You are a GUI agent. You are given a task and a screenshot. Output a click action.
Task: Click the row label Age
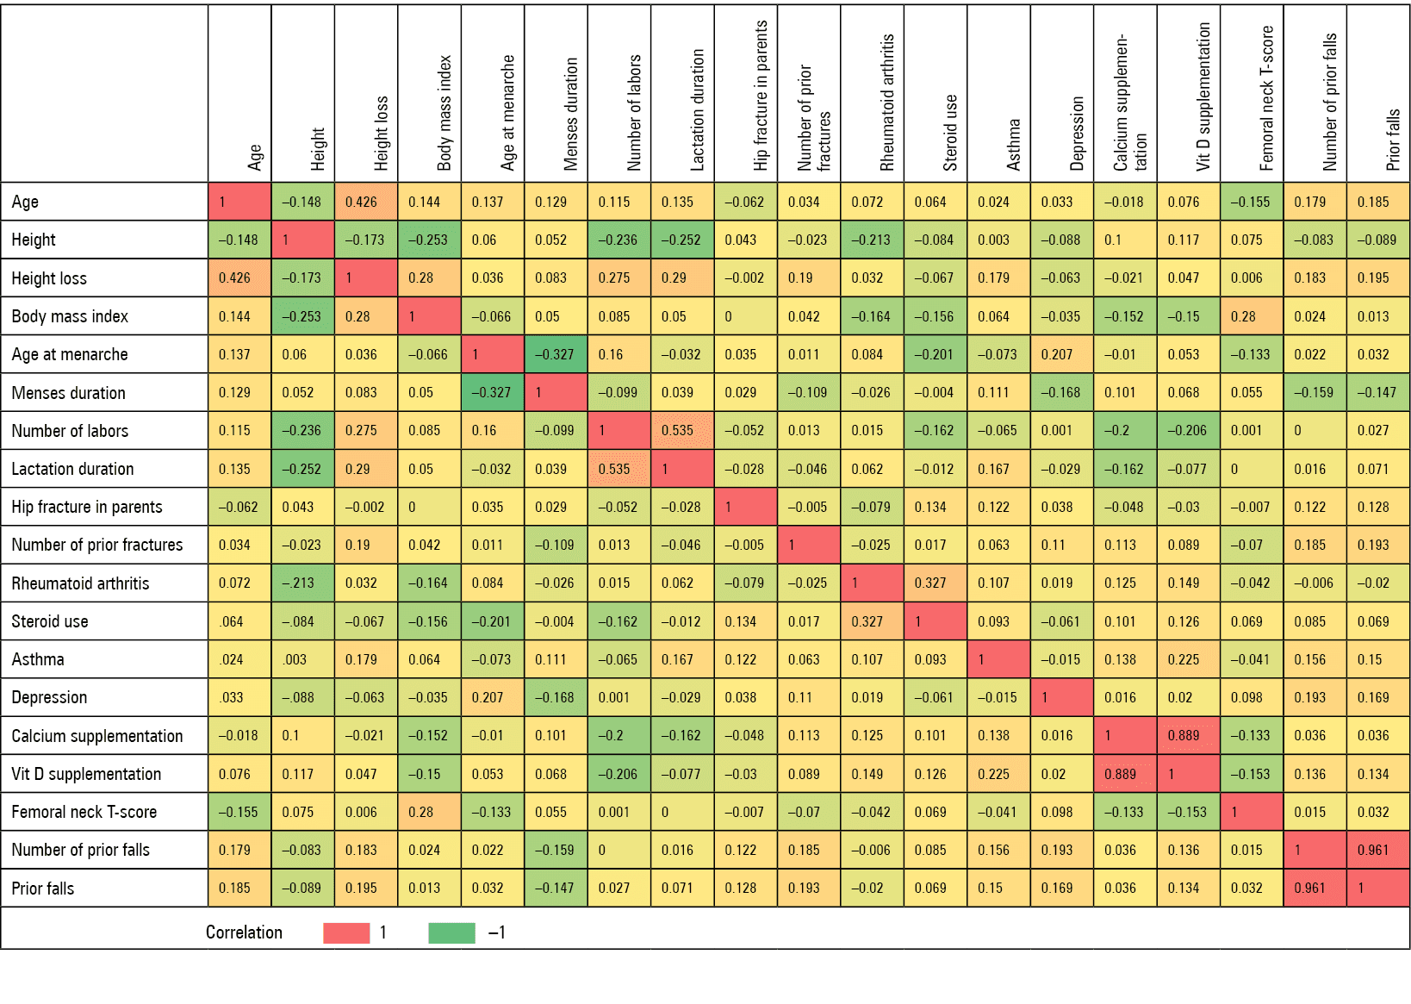point(25,202)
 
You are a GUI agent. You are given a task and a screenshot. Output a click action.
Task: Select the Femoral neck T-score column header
point(1266,98)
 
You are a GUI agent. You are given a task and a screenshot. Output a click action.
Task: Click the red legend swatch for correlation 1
point(346,932)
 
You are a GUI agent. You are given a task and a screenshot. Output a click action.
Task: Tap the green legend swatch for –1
point(451,932)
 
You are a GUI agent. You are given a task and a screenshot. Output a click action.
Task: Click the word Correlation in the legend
point(244,932)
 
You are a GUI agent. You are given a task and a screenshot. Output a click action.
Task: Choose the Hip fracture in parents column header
point(761,95)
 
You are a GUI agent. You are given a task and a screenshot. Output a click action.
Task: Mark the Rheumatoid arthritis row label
point(81,583)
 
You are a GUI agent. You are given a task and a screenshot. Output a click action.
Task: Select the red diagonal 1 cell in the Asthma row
point(999,659)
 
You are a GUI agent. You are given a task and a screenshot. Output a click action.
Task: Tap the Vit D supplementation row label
point(86,774)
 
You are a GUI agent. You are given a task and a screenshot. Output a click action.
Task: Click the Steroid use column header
point(950,133)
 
